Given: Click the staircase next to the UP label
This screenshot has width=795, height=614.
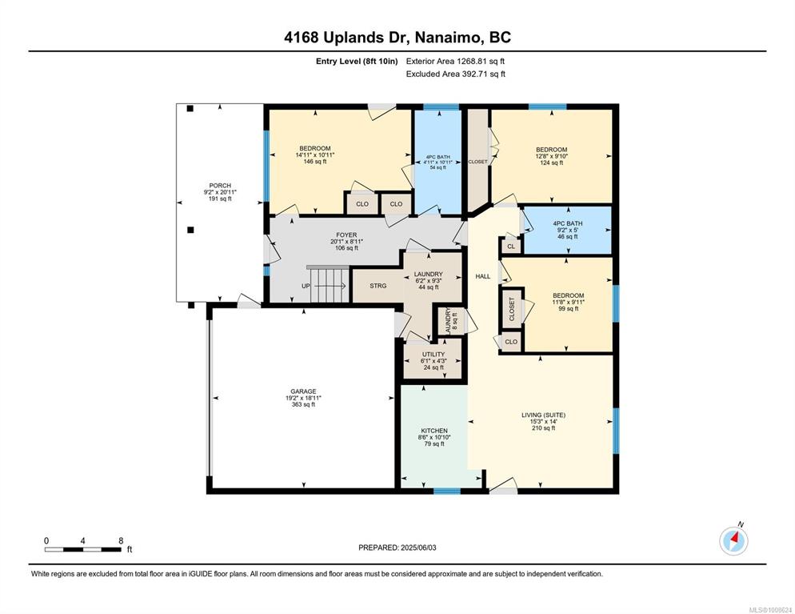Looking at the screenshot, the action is [330, 285].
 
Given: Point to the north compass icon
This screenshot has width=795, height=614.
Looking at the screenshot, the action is [733, 540].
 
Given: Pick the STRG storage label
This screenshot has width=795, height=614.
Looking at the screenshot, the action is [378, 286].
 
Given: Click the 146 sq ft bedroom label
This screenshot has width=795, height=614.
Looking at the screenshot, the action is [315, 155].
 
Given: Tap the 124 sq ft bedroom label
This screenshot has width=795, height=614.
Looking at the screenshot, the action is [552, 156].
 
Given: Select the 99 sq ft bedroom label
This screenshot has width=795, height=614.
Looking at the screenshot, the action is [569, 302].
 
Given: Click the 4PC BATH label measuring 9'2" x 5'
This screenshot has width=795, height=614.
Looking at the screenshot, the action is [568, 230].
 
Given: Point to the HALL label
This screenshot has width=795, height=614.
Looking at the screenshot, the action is [483, 276].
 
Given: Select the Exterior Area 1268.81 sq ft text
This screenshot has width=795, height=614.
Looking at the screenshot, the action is [455, 62].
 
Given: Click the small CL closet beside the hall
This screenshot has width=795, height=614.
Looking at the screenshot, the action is [511, 246].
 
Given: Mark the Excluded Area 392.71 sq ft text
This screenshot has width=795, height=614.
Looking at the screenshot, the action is [455, 74].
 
